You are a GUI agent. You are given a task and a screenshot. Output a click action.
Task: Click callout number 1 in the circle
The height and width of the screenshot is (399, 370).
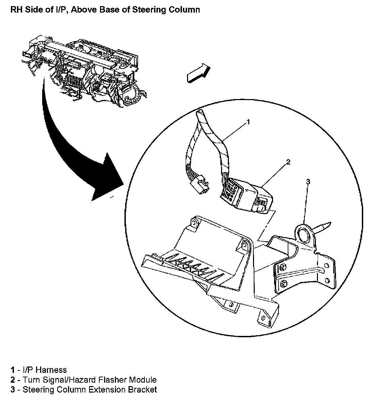[248, 122]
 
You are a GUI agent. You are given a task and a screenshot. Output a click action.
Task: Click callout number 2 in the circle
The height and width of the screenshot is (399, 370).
[288, 162]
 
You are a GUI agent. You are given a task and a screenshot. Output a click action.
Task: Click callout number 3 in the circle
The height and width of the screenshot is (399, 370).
[308, 182]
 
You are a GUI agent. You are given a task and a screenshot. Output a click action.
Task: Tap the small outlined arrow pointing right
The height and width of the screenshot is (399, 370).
[198, 73]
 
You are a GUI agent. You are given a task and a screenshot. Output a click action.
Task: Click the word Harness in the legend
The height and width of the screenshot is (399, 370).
[51, 370]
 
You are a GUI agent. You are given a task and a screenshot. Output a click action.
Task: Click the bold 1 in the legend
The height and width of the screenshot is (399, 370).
[13, 370]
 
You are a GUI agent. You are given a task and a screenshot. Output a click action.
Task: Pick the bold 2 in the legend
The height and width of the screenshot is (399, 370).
[13, 380]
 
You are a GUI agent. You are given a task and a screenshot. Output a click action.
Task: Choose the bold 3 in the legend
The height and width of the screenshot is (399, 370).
[13, 390]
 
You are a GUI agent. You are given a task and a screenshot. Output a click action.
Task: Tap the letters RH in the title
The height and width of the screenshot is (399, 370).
[16, 9]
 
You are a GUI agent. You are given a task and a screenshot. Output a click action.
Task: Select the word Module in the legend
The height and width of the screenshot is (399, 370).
[144, 380]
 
